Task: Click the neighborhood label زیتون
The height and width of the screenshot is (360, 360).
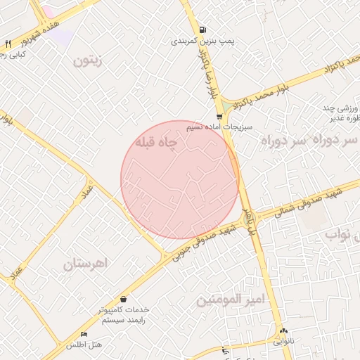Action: tap(88, 61)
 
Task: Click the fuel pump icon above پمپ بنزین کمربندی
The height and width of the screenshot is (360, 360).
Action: tap(202, 30)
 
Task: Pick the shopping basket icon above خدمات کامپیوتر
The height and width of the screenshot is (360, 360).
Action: tap(124, 299)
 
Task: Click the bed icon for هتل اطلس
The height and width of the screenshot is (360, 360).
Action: tap(84, 334)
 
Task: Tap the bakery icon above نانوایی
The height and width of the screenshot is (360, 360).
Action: tap(283, 330)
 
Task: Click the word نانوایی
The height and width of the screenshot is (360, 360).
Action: tap(283, 342)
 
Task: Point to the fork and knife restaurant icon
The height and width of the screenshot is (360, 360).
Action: tap(7, 44)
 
